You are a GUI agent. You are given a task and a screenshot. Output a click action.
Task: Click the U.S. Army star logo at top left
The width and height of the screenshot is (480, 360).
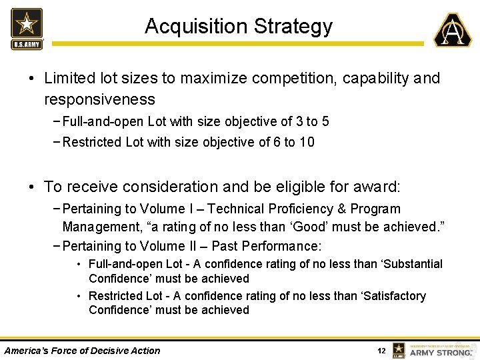pyautogui.click(x=27, y=28)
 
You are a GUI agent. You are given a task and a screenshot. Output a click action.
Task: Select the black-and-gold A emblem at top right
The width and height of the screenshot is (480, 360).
pyautogui.click(x=453, y=30)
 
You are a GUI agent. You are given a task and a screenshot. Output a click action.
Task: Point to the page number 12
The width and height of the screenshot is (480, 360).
pyautogui.click(x=381, y=351)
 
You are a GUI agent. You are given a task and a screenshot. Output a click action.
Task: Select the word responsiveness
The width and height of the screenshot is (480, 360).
pyautogui.click(x=99, y=100)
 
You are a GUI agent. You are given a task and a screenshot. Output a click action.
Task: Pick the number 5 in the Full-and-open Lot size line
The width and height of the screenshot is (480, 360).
pyautogui.click(x=325, y=121)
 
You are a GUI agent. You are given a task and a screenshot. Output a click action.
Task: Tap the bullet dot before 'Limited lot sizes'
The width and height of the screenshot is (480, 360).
pyautogui.click(x=32, y=79)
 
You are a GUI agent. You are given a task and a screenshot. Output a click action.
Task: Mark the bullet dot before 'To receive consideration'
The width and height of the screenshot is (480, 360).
pyautogui.click(x=32, y=187)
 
